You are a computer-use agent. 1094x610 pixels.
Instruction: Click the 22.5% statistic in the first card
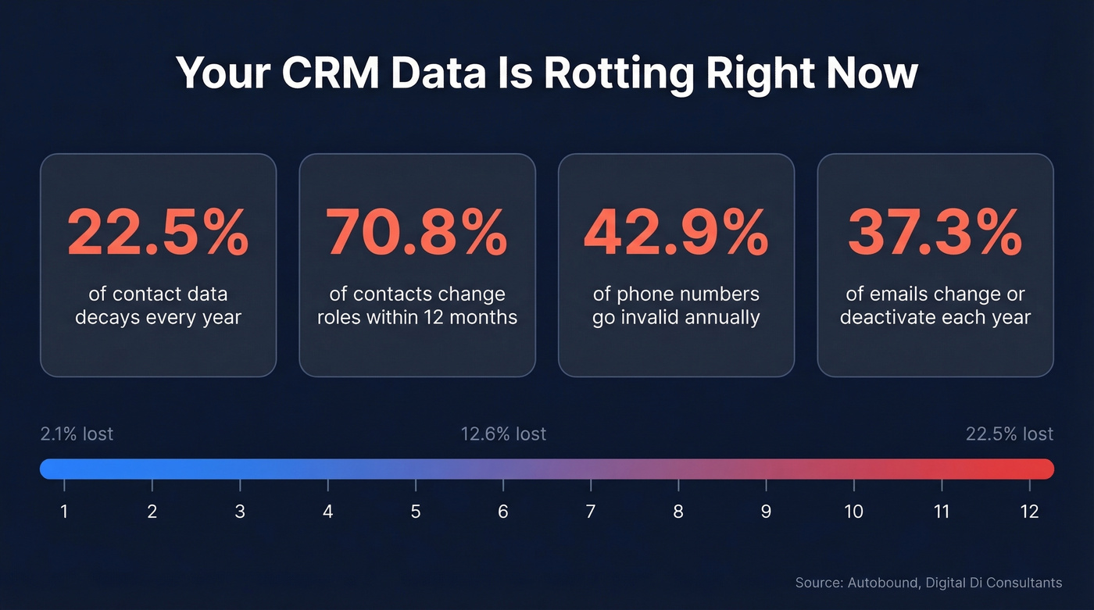point(158,234)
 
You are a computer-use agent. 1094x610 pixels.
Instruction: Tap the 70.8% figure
point(417,234)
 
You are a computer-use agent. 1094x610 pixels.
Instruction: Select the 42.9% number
point(676,234)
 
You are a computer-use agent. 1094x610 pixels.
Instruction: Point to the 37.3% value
point(935,234)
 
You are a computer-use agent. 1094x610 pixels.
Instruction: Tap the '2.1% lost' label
point(77,433)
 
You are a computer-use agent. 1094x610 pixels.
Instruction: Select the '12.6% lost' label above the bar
point(503,433)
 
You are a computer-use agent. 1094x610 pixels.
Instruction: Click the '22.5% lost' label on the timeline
point(1009,433)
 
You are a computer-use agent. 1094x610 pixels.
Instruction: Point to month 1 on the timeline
point(64,512)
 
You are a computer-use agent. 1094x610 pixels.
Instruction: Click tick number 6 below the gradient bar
point(503,512)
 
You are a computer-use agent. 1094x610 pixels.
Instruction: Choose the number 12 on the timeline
point(1029,512)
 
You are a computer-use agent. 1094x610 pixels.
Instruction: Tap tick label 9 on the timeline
point(766,512)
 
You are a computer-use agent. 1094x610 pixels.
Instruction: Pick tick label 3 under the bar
point(240,512)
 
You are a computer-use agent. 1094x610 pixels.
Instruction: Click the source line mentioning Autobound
point(928,583)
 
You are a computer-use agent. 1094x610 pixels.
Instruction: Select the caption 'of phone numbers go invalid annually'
point(676,305)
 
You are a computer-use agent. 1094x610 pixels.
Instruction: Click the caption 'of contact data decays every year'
point(158,305)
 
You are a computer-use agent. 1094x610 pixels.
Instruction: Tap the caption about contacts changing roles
point(417,305)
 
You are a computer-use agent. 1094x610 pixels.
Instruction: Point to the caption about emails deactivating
point(935,305)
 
